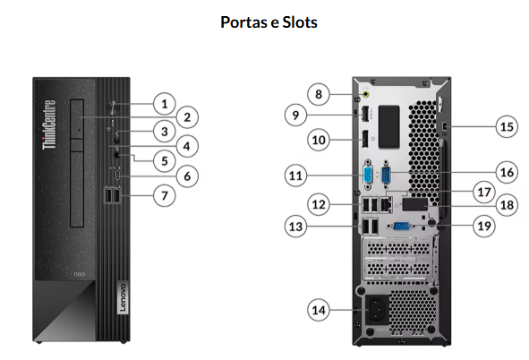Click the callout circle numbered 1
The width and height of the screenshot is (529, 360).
coord(165,104)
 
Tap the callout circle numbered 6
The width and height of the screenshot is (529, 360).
coord(187,176)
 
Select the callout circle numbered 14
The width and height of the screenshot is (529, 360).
coord(319,310)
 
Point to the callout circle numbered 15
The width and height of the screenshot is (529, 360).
coord(507,126)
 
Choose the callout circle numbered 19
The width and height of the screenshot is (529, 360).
coord(484,226)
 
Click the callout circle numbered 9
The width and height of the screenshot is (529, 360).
coord(296,115)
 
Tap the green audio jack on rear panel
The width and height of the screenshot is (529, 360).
coord(365,94)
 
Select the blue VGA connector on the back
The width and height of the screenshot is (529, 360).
coord(368,176)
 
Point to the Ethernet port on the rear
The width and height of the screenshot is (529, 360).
coord(387,205)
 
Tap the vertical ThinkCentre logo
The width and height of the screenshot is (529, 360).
coord(49,124)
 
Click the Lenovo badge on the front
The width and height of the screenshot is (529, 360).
coord(123,297)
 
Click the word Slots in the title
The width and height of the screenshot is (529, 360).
coord(300,22)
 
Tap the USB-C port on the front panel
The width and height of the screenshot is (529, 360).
coord(117,176)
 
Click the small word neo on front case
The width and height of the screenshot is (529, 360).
coord(80,274)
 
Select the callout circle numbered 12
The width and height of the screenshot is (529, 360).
coord(319,204)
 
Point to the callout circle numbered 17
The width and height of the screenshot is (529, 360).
coord(484,192)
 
